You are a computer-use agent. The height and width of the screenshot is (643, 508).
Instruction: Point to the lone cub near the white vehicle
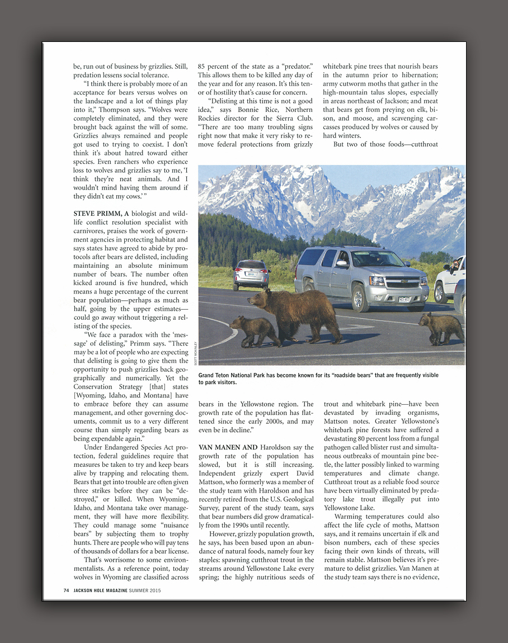pos(441,327)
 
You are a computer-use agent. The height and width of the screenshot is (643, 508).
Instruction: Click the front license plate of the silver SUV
pos(404,299)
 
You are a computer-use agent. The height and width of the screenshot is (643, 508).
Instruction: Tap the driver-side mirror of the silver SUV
pos(342,264)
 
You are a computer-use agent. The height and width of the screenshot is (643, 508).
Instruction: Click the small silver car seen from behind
pos(251,274)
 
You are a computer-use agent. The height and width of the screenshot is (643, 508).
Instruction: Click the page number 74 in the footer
pos(66,590)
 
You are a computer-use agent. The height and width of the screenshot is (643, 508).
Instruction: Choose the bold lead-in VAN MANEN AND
pos(228,447)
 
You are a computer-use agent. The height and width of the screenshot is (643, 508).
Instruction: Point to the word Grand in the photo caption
pos(208,375)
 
